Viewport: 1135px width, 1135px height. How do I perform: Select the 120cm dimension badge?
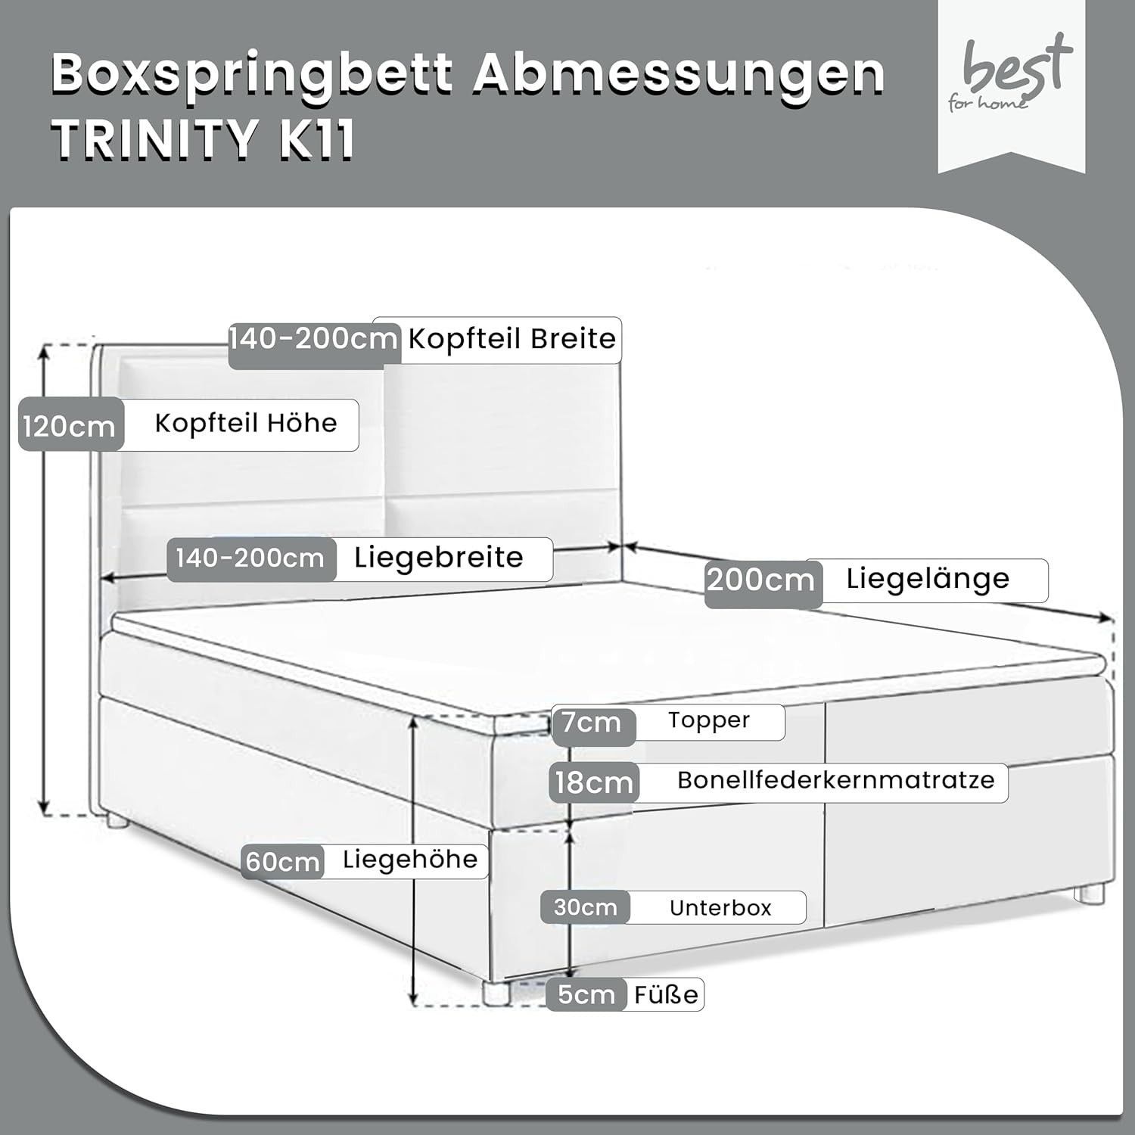(x=70, y=424)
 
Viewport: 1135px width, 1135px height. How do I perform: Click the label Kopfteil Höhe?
(x=246, y=423)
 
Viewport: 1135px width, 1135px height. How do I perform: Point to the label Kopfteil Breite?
(x=512, y=339)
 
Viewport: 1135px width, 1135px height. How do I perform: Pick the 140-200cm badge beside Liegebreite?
(x=250, y=558)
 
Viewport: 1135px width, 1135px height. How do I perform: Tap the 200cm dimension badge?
(x=762, y=581)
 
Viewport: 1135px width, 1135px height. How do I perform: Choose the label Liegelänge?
(x=928, y=579)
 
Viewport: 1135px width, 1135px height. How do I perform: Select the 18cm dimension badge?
(x=594, y=782)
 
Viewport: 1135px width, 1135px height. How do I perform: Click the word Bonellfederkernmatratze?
(x=836, y=780)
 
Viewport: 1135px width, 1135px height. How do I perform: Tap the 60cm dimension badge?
(x=283, y=862)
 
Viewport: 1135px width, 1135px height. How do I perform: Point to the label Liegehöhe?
(x=410, y=860)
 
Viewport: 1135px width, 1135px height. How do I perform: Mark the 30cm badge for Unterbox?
(x=585, y=907)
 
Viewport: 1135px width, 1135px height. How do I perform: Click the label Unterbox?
(x=720, y=908)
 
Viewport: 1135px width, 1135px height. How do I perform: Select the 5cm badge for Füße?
(x=586, y=994)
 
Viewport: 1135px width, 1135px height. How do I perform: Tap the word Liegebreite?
(x=439, y=558)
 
